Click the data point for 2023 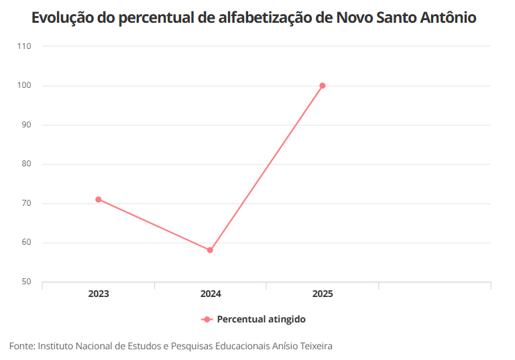tap(98, 199)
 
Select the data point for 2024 tap(210, 250)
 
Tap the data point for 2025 tap(323, 86)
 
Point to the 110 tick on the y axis tap(24, 46)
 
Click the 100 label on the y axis tap(24, 86)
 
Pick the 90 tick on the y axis tap(26, 125)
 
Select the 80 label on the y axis tap(26, 164)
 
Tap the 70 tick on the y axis tap(26, 204)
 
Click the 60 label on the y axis tap(26, 243)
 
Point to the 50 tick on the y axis tap(26, 282)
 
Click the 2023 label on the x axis tap(99, 294)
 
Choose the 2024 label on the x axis tap(211, 294)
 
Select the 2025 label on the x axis tap(323, 294)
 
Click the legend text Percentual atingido tap(261, 320)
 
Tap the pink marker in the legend tap(207, 320)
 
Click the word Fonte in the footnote tap(21, 347)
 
